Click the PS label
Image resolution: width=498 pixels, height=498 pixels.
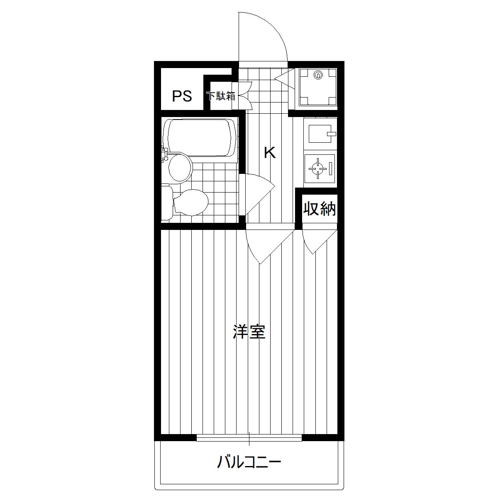coord(182,96)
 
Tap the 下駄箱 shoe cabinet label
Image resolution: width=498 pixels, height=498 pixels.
coord(221,96)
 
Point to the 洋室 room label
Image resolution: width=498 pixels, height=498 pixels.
coord(249,332)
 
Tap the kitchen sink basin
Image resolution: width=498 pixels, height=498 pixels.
coord(320,134)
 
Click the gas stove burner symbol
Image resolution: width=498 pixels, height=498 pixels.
coord(318,168)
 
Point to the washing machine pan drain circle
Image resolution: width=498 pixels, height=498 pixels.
coord(318,75)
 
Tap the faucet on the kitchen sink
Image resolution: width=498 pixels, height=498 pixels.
coord(332,134)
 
